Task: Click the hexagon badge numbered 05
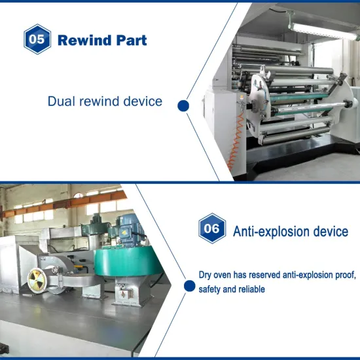pos(37,39)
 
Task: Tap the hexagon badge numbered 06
pos(212,229)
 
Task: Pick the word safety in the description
pos(211,289)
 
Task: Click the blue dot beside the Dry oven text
pos(189,285)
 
